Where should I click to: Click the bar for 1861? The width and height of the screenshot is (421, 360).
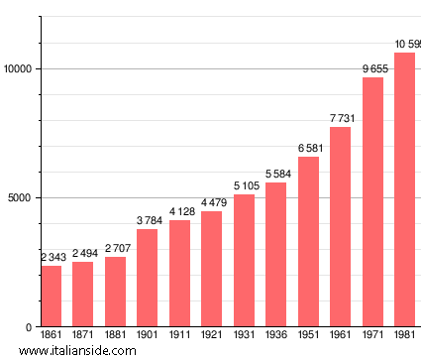[51, 297]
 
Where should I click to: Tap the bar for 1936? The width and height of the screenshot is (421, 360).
[275, 255]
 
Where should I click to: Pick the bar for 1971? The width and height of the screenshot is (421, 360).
[372, 202]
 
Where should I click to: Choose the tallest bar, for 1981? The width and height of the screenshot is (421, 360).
[404, 189]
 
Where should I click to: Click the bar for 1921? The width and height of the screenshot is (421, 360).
[211, 269]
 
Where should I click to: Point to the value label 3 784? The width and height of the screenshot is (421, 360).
[148, 220]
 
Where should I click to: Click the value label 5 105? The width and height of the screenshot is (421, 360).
[244, 185]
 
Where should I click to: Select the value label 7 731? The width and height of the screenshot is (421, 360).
[341, 118]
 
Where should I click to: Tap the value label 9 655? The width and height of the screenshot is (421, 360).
[372, 68]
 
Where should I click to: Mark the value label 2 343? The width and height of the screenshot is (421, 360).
[51, 258]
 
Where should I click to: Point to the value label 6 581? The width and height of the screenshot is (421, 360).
[308, 148]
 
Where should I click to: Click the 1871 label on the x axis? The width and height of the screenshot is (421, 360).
[83, 335]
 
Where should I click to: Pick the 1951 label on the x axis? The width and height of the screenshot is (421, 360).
[308, 335]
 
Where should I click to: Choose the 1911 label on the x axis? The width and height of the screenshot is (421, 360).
[179, 335]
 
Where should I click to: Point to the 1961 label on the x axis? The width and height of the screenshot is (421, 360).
[341, 335]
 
